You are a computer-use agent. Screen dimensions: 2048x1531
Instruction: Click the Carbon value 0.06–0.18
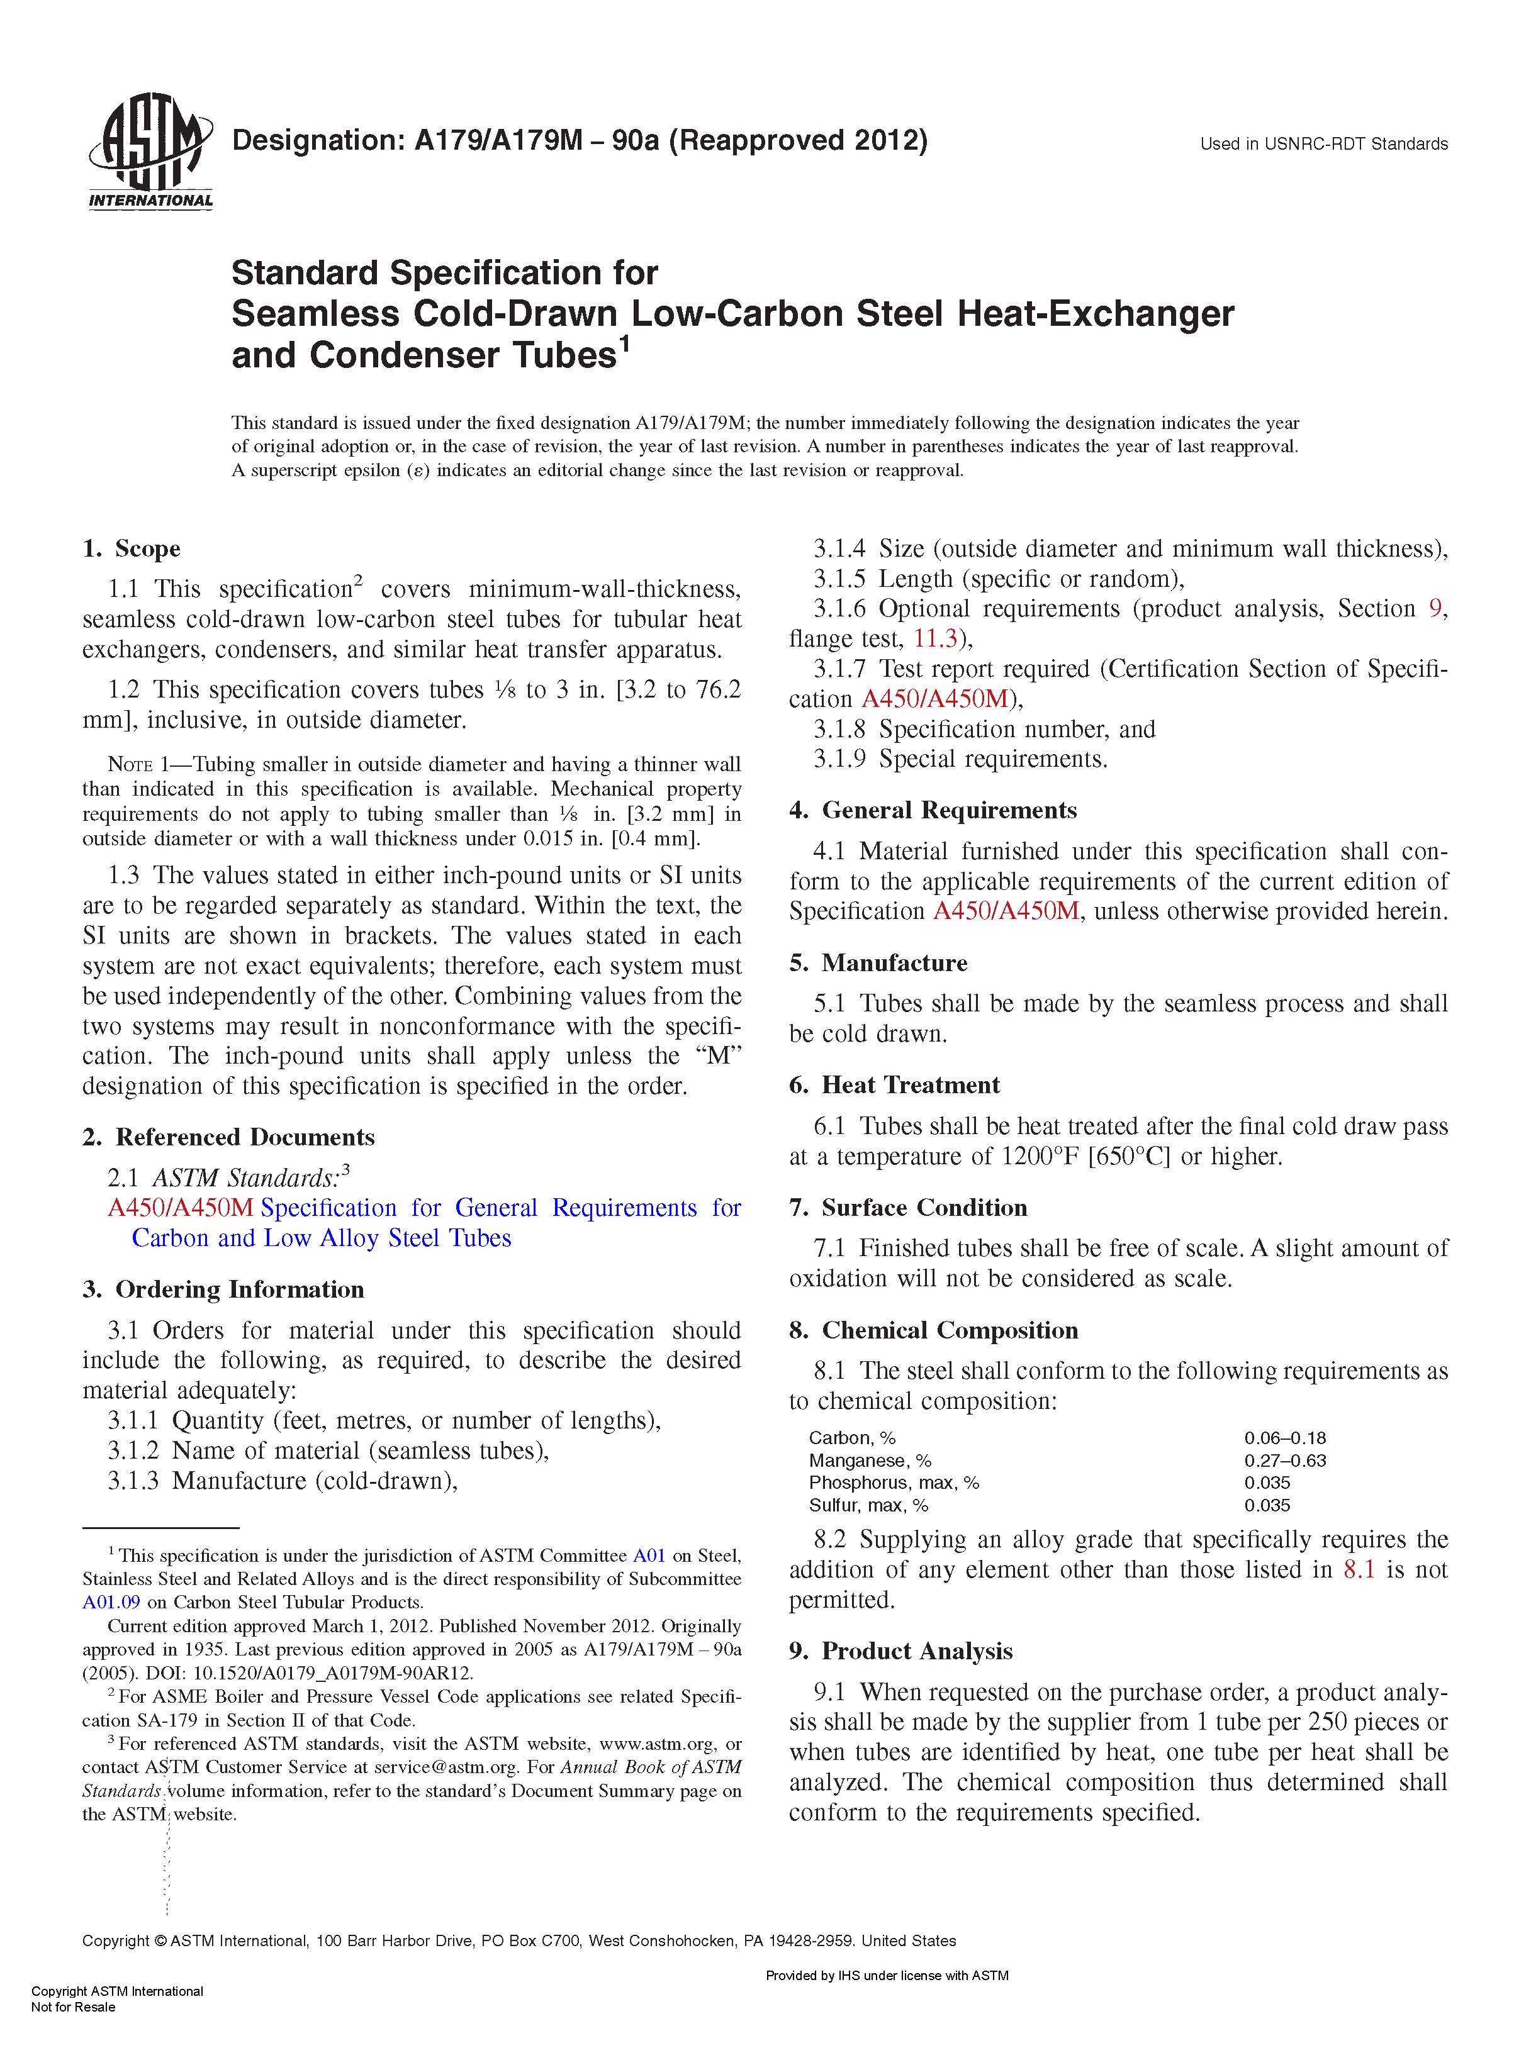click(x=1284, y=1438)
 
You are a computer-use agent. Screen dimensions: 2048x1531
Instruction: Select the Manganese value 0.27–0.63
click(x=1284, y=1461)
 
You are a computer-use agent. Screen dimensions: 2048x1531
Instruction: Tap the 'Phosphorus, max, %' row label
click(x=893, y=1483)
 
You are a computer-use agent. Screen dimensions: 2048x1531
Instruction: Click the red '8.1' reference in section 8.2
click(x=1358, y=1570)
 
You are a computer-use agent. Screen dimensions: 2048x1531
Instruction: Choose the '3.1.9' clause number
click(x=839, y=759)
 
